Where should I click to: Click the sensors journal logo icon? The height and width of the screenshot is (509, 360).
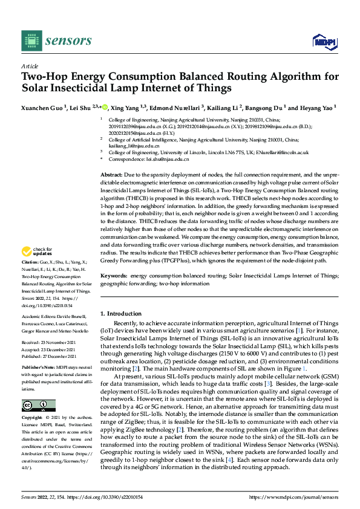click(32, 41)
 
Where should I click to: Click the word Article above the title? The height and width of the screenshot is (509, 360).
click(30, 66)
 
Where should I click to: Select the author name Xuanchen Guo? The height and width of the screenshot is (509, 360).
click(41, 107)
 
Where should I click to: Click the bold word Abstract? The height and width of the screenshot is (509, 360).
click(113, 174)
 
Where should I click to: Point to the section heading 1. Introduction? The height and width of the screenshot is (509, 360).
click(120, 313)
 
